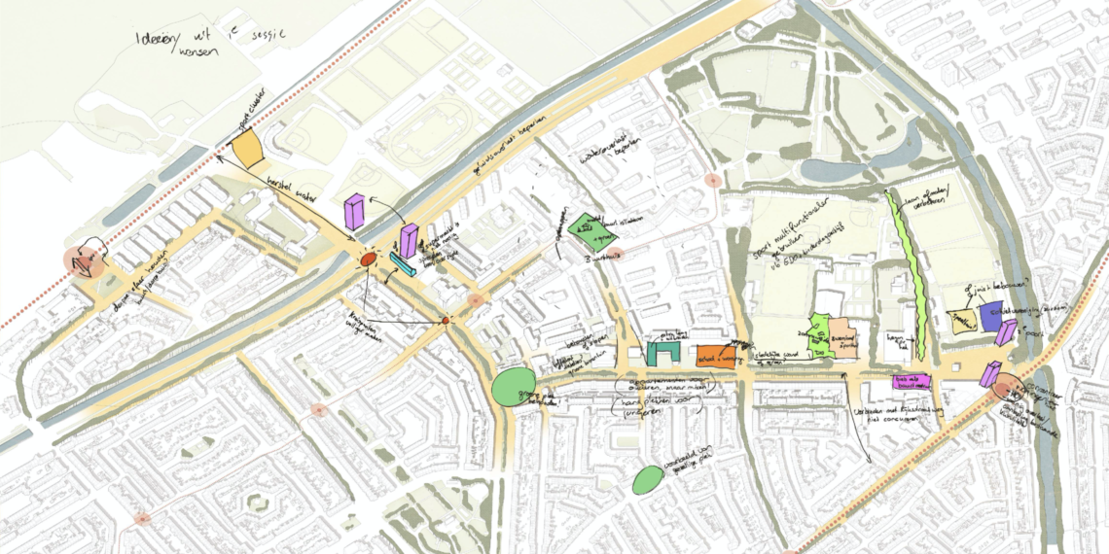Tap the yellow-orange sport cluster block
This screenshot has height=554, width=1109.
click(247, 149)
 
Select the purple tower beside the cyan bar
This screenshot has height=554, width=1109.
click(410, 241)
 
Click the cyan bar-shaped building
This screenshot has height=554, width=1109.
click(403, 264)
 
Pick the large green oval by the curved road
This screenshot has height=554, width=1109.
click(511, 388)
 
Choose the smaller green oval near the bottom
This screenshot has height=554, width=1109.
click(647, 479)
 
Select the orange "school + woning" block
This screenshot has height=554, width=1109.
click(715, 357)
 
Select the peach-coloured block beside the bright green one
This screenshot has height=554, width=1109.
click(842, 337)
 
